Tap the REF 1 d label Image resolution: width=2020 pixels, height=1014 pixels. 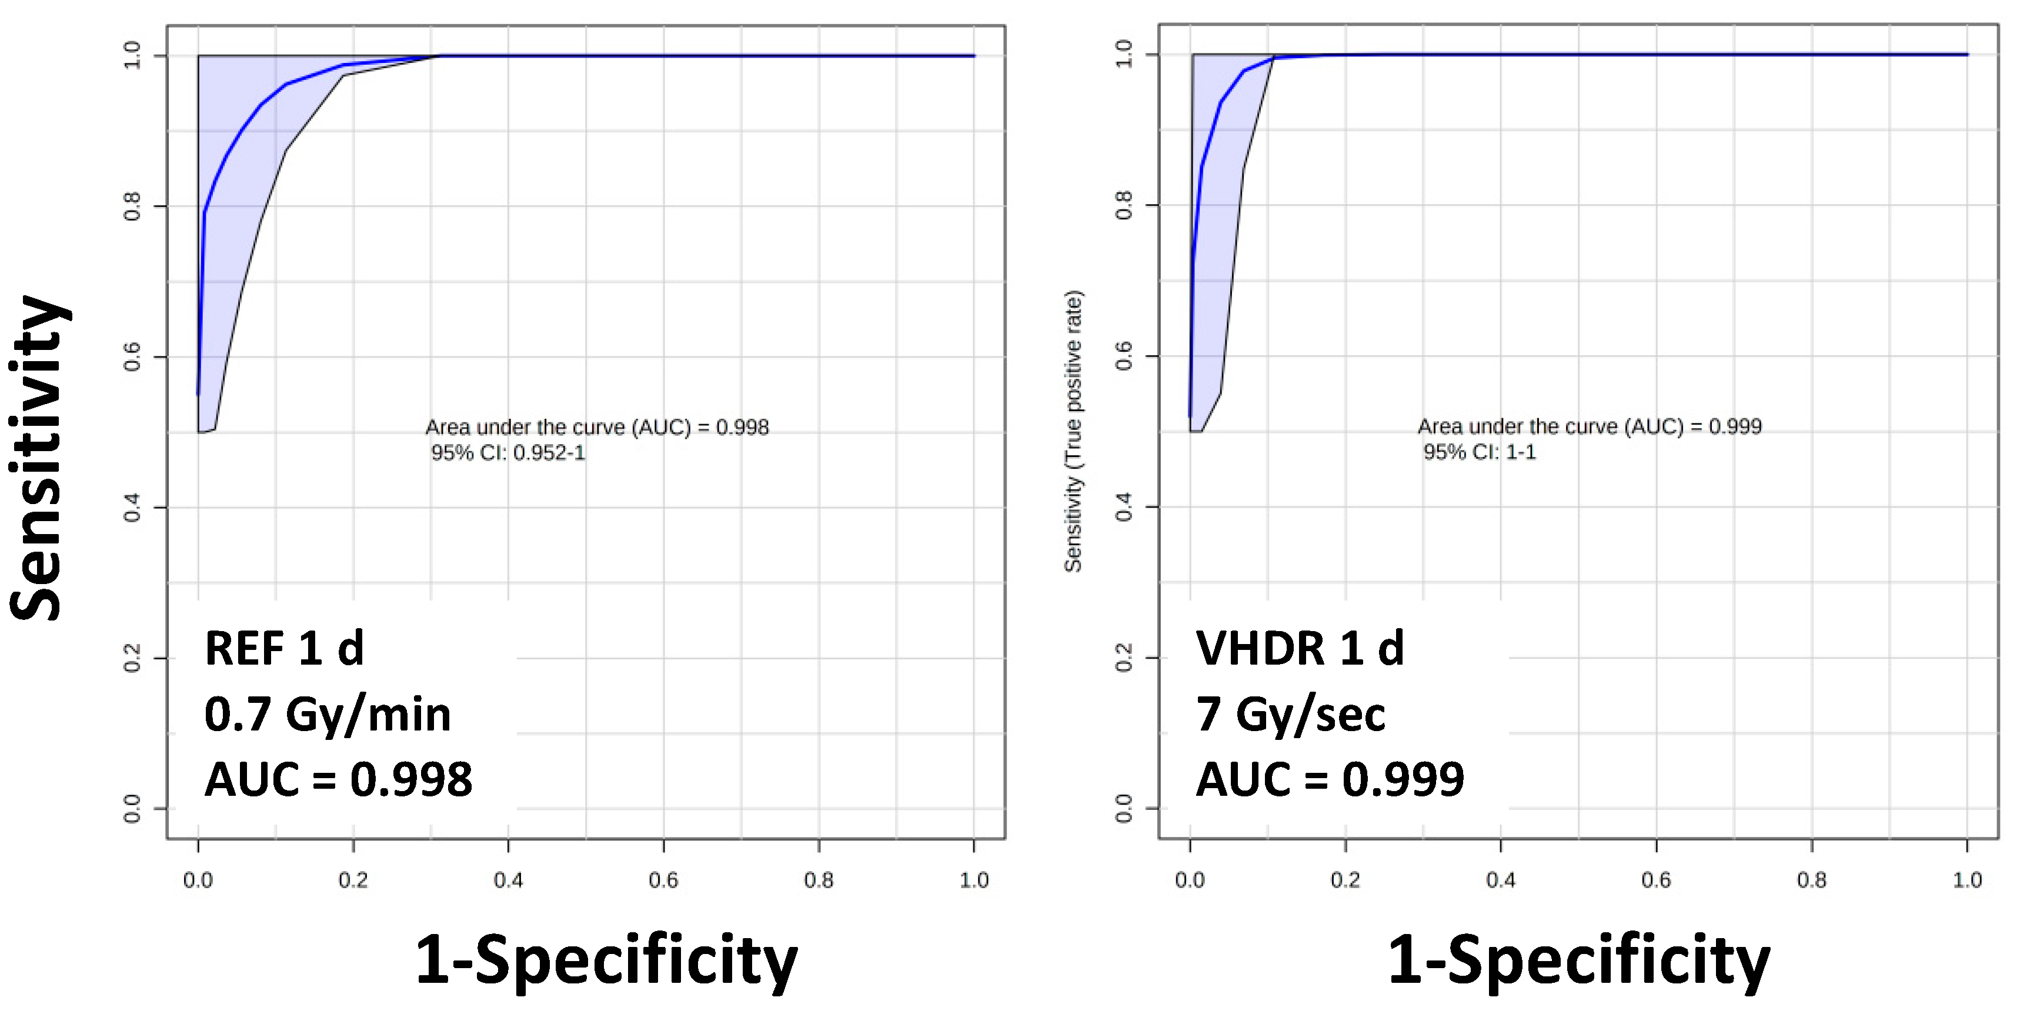284,649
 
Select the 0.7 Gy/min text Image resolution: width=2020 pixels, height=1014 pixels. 328,715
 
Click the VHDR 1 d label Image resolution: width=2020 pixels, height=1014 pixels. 1300,649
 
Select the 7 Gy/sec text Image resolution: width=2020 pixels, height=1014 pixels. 1290,715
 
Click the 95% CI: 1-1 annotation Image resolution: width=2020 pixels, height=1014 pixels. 1479,452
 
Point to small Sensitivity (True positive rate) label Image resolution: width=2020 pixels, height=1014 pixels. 1073,431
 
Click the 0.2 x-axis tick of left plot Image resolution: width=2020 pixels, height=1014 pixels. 353,880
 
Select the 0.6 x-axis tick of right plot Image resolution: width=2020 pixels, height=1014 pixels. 1655,880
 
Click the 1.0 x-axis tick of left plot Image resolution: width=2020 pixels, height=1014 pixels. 974,880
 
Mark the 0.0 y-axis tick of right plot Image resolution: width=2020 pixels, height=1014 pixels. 1124,809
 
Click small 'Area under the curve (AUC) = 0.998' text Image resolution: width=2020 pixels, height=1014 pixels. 597,428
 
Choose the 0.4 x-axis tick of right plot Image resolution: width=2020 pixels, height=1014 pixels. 1500,880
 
